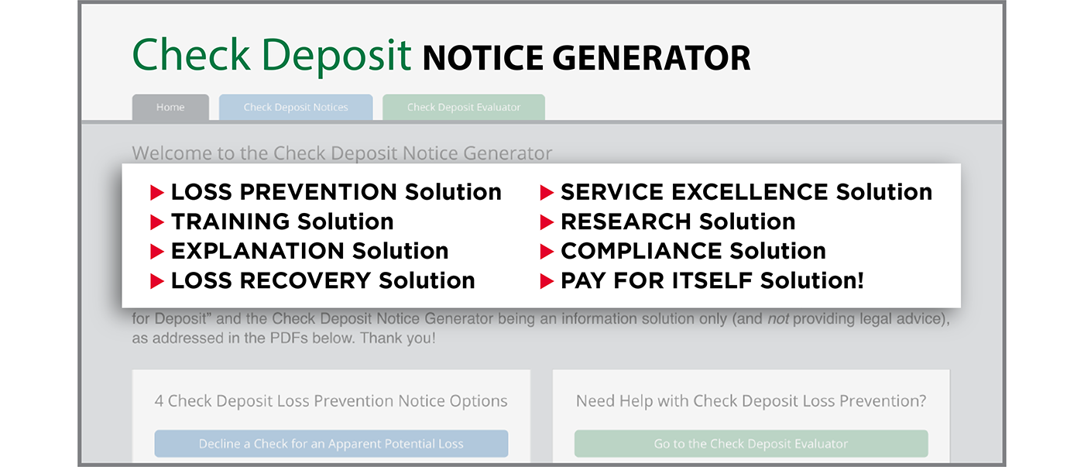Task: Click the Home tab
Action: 170,107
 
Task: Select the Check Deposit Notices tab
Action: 296,107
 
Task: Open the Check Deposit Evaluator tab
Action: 464,107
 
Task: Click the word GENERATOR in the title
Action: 651,58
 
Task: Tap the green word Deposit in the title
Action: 336,56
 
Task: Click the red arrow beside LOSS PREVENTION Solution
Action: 156,192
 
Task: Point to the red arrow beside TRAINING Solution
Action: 156,222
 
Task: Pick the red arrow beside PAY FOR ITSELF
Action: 547,280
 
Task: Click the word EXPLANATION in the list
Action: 257,251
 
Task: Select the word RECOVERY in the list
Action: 305,280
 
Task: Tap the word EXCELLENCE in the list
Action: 750,192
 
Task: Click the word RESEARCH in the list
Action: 626,221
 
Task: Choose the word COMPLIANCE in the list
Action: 641,251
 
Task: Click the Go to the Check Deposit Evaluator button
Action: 751,443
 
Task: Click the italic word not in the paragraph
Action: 778,319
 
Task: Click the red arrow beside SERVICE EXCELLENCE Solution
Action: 547,192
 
